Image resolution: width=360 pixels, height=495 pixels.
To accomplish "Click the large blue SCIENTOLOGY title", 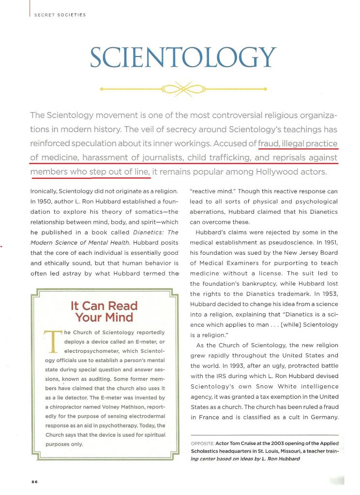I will (x=182, y=58).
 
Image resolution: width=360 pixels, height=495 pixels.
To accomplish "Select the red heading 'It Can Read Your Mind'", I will (x=104, y=312).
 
